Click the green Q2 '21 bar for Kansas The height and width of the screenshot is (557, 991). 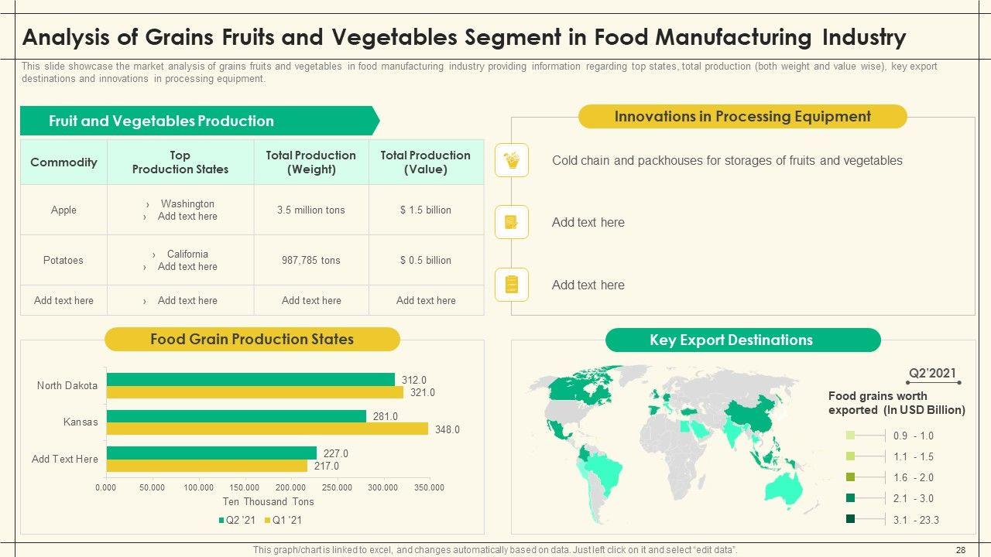pos(236,416)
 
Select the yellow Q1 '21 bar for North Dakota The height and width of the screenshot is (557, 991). pos(255,392)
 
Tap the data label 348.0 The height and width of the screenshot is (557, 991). pos(447,429)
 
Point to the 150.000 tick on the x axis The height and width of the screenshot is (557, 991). pos(245,487)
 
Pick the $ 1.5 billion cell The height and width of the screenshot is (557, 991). pos(426,210)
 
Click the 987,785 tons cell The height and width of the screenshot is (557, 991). pos(311,261)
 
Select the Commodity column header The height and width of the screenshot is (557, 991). pos(63,162)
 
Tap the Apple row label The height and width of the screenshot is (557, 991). pos(63,210)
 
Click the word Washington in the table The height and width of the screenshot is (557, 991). pos(187,204)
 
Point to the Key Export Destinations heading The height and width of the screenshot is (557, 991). pos(731,340)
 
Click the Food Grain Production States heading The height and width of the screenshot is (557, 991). pos(252,340)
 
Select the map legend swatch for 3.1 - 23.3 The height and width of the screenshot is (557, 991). pos(851,520)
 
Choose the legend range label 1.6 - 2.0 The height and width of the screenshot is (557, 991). pos(914,478)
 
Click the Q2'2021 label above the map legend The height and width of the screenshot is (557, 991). pos(932,374)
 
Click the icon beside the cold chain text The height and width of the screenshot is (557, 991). pos(512,160)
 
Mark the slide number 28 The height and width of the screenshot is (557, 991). pos(961,550)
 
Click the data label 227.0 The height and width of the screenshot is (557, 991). pos(336,454)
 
